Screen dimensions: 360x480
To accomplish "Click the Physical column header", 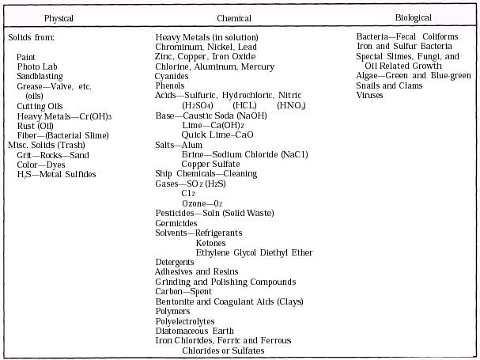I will tap(59, 17).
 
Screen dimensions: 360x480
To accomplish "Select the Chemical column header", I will tap(234, 17).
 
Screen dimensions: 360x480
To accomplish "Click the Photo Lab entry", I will tap(34, 66).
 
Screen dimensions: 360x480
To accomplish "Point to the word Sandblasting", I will tap(40, 76).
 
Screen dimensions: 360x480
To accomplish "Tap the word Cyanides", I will tap(173, 76).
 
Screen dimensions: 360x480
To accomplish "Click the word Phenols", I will tap(170, 85).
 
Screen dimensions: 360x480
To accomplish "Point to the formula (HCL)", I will tap(244, 105).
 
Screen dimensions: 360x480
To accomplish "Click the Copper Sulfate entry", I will tap(210, 164).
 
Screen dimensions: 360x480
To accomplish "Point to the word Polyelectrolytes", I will tap(185, 321).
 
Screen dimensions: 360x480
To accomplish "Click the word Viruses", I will tap(369, 96).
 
